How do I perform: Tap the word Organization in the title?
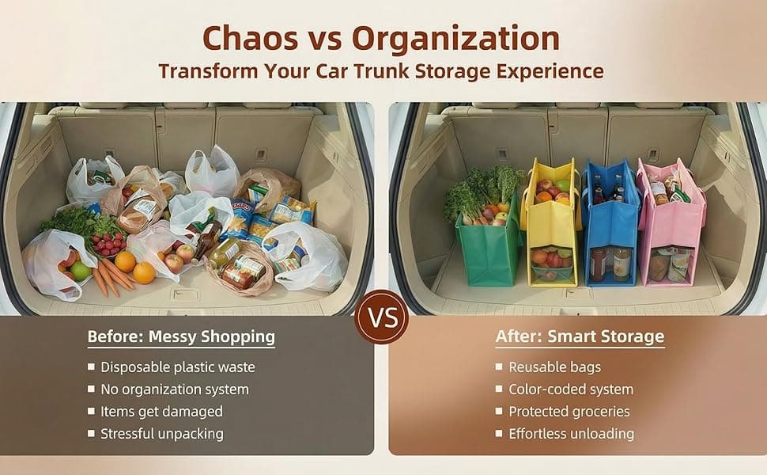click(x=455, y=37)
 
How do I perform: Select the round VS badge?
click(x=383, y=320)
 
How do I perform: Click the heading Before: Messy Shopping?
click(x=181, y=336)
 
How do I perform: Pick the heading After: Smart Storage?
click(x=580, y=336)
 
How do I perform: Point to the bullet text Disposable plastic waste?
click(x=177, y=367)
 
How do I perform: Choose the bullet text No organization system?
click(x=174, y=389)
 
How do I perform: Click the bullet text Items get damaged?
click(x=161, y=412)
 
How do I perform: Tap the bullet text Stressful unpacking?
click(x=161, y=434)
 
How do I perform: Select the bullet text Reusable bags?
click(x=554, y=367)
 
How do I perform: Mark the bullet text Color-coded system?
click(x=570, y=389)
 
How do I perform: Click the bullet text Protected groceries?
click(x=569, y=412)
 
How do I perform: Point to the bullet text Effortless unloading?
click(x=571, y=434)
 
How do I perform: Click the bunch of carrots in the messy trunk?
click(x=111, y=277)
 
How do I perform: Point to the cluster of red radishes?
click(x=108, y=243)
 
